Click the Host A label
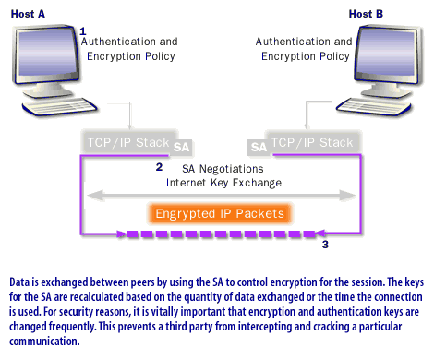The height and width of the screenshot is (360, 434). (x=27, y=14)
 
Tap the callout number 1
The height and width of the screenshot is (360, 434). (x=83, y=30)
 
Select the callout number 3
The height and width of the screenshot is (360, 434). (x=324, y=245)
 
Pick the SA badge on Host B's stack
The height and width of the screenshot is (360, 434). (x=259, y=146)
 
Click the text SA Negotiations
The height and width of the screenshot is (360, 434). (x=222, y=169)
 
